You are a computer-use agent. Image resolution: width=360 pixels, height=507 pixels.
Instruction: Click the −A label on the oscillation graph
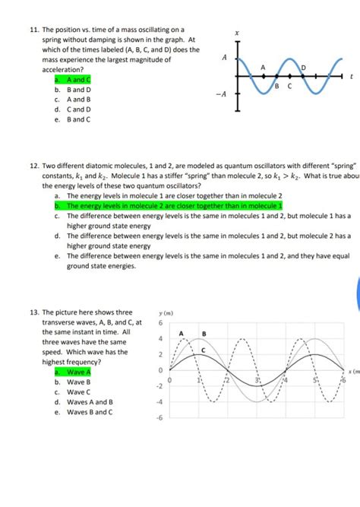pos(222,95)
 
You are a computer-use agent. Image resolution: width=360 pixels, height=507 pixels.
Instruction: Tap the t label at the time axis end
pos(352,76)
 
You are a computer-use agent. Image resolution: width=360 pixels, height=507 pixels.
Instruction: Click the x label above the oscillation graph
pos(237,33)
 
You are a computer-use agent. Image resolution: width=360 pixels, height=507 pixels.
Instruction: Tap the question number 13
pos(34,312)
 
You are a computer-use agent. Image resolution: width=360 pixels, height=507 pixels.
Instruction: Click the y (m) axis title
pos(166,312)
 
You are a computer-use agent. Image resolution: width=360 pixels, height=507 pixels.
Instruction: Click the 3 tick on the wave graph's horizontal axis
pos(257,379)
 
